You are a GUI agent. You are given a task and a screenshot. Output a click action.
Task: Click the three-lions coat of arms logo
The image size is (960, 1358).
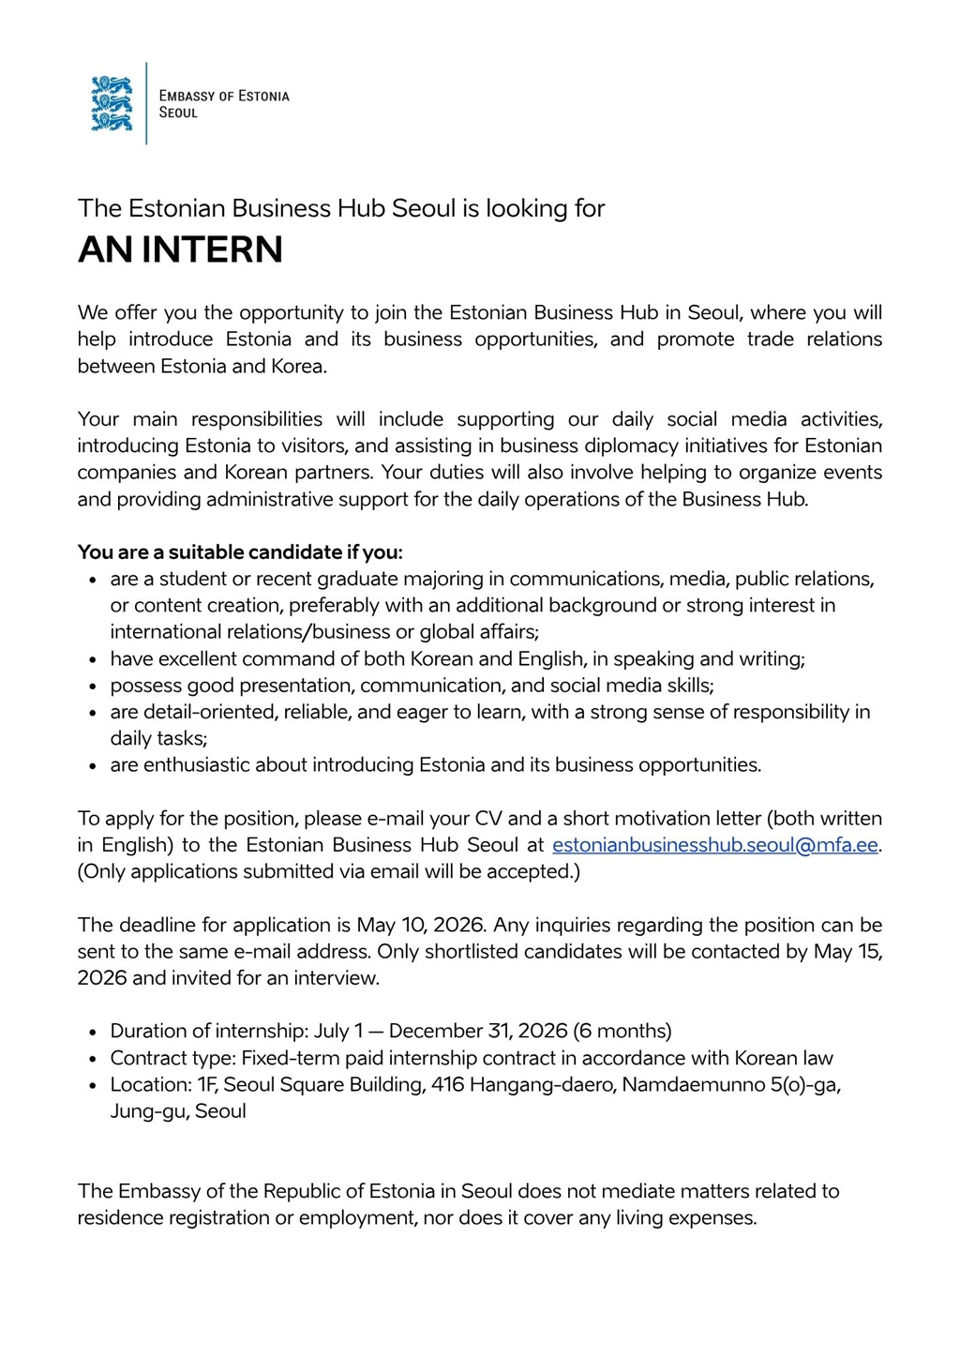[112, 103]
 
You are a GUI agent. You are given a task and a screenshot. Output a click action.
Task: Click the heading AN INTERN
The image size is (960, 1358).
[180, 249]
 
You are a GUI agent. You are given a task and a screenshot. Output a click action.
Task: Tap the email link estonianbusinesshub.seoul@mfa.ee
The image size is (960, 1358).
[714, 845]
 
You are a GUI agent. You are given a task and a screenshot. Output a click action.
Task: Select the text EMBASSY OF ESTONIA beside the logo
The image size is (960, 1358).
[224, 96]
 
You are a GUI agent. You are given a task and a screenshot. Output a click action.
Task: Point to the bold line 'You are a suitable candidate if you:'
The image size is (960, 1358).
[240, 552]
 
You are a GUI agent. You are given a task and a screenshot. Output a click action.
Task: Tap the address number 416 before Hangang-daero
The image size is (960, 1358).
[447, 1084]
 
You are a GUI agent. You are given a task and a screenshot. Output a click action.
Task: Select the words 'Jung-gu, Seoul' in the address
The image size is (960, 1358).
[178, 1111]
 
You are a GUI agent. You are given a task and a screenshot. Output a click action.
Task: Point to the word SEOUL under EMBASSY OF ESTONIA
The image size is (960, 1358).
[178, 113]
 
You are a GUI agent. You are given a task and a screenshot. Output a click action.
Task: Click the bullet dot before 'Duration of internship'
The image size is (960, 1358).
[93, 1032]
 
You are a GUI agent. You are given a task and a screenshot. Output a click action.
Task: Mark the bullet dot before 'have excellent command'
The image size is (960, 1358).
[93, 660]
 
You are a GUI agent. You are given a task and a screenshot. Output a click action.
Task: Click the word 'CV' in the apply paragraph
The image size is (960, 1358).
[488, 819]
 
